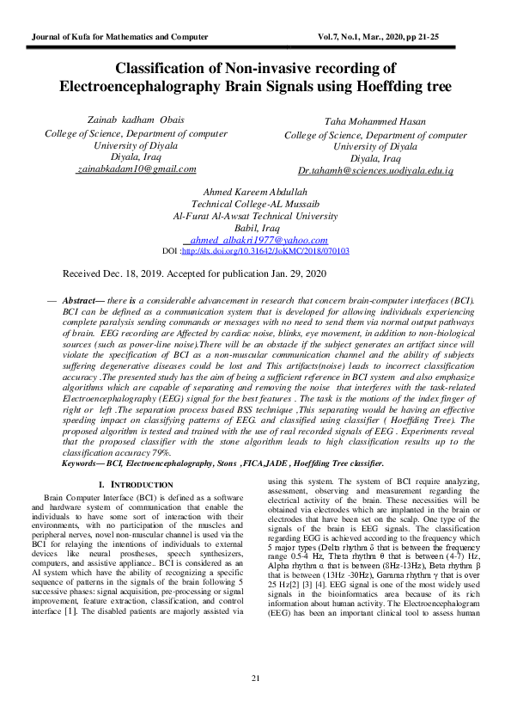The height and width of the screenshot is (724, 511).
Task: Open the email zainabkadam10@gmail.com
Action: [125, 169]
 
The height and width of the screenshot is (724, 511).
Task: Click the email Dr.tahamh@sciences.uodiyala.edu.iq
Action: [375, 171]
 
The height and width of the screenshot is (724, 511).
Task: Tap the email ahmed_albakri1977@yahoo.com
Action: [259, 240]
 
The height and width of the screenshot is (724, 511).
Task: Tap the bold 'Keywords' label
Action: [82, 463]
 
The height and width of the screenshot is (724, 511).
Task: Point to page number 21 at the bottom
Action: [255, 679]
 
